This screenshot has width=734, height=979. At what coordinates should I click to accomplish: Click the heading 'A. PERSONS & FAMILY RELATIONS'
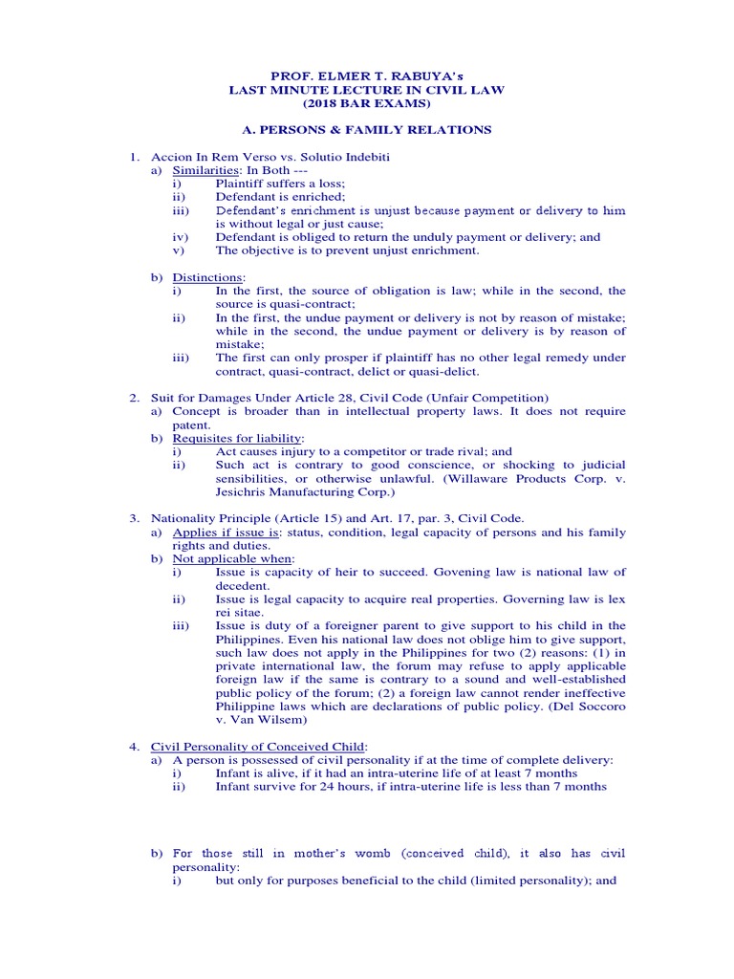[366, 129]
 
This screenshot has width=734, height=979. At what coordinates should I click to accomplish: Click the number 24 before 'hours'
[329, 786]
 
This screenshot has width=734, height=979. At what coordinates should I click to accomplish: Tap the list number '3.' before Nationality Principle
[135, 518]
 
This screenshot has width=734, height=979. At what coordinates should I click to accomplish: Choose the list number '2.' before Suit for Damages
[135, 397]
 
